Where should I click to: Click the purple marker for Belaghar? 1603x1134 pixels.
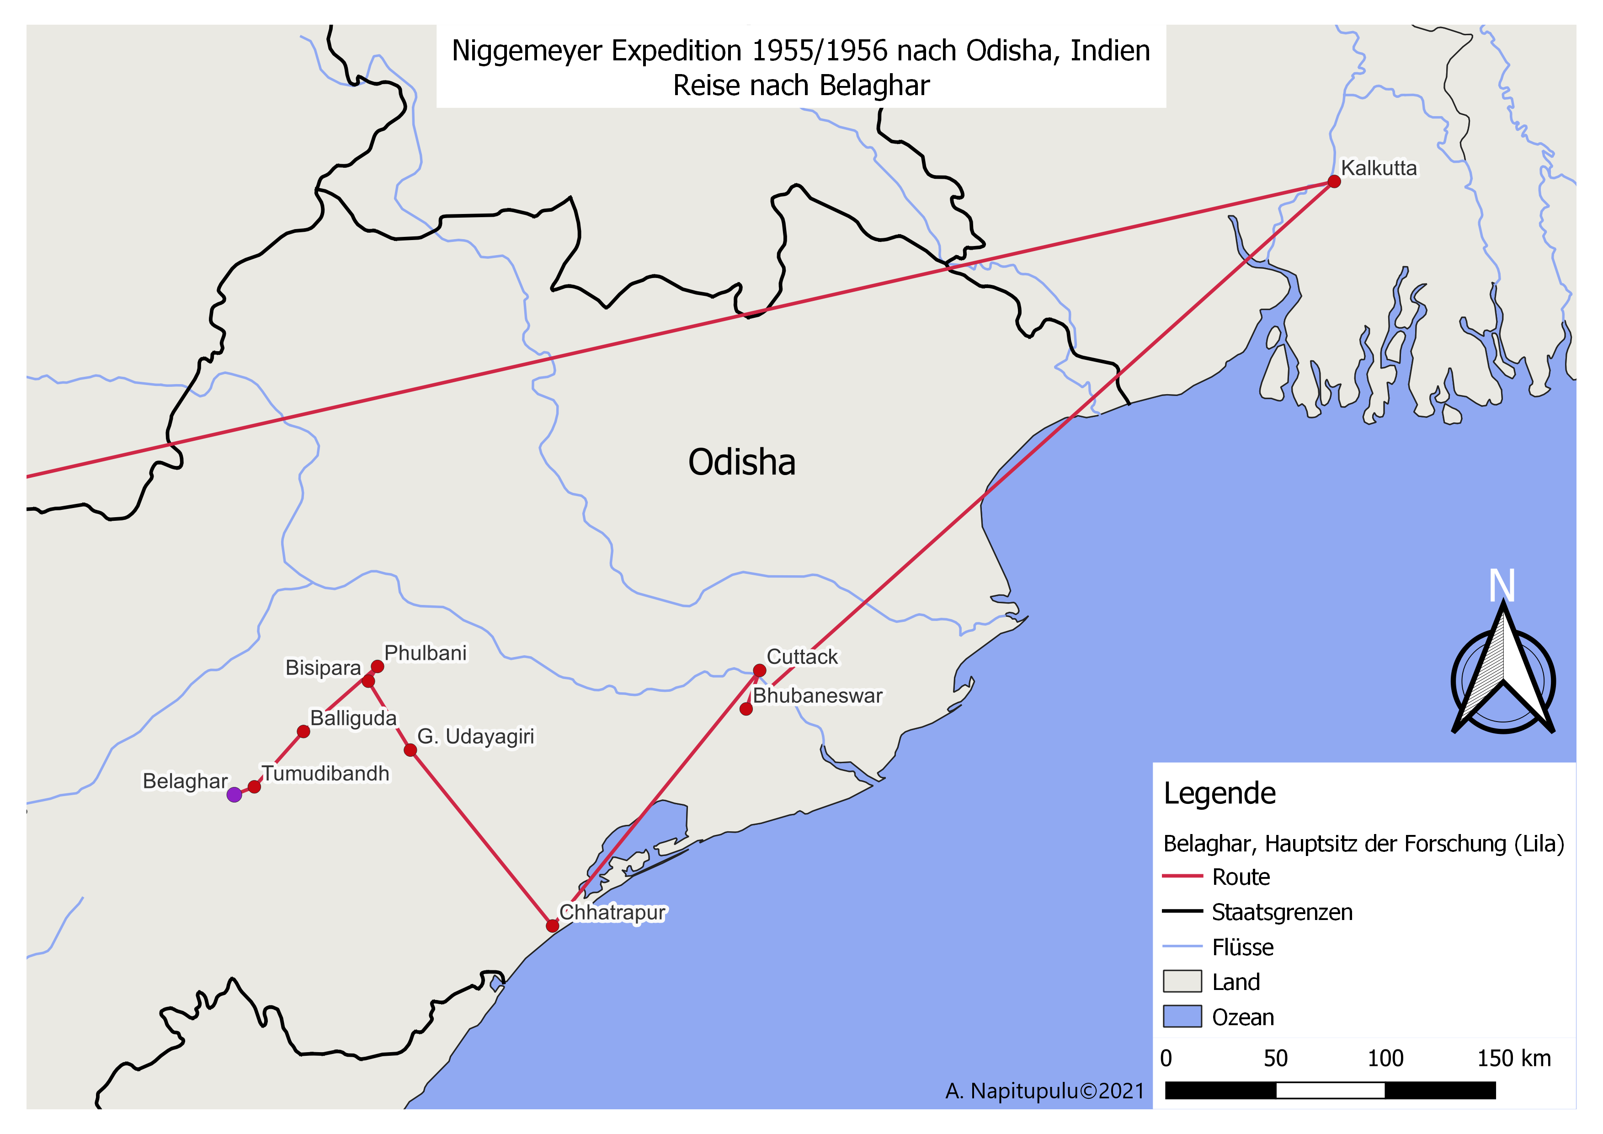(x=234, y=795)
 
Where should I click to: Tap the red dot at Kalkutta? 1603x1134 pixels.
(x=1334, y=182)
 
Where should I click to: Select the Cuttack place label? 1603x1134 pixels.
(x=802, y=657)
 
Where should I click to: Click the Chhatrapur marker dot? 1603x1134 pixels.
(x=552, y=926)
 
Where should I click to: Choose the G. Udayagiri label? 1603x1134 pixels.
(x=475, y=737)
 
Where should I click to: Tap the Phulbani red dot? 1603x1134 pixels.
(x=378, y=667)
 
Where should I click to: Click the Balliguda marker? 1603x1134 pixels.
(x=303, y=732)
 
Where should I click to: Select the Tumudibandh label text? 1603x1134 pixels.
(x=325, y=774)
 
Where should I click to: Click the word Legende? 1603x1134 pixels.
(x=1219, y=793)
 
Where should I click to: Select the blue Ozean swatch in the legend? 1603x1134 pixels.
(x=1182, y=1016)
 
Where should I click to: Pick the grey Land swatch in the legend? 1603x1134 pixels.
(x=1182, y=981)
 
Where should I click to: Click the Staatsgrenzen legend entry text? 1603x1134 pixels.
(x=1282, y=912)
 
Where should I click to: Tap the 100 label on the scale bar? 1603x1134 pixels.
(x=1385, y=1059)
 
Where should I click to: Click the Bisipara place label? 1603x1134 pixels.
(x=323, y=668)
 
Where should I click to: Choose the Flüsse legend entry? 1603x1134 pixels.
(x=1243, y=947)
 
